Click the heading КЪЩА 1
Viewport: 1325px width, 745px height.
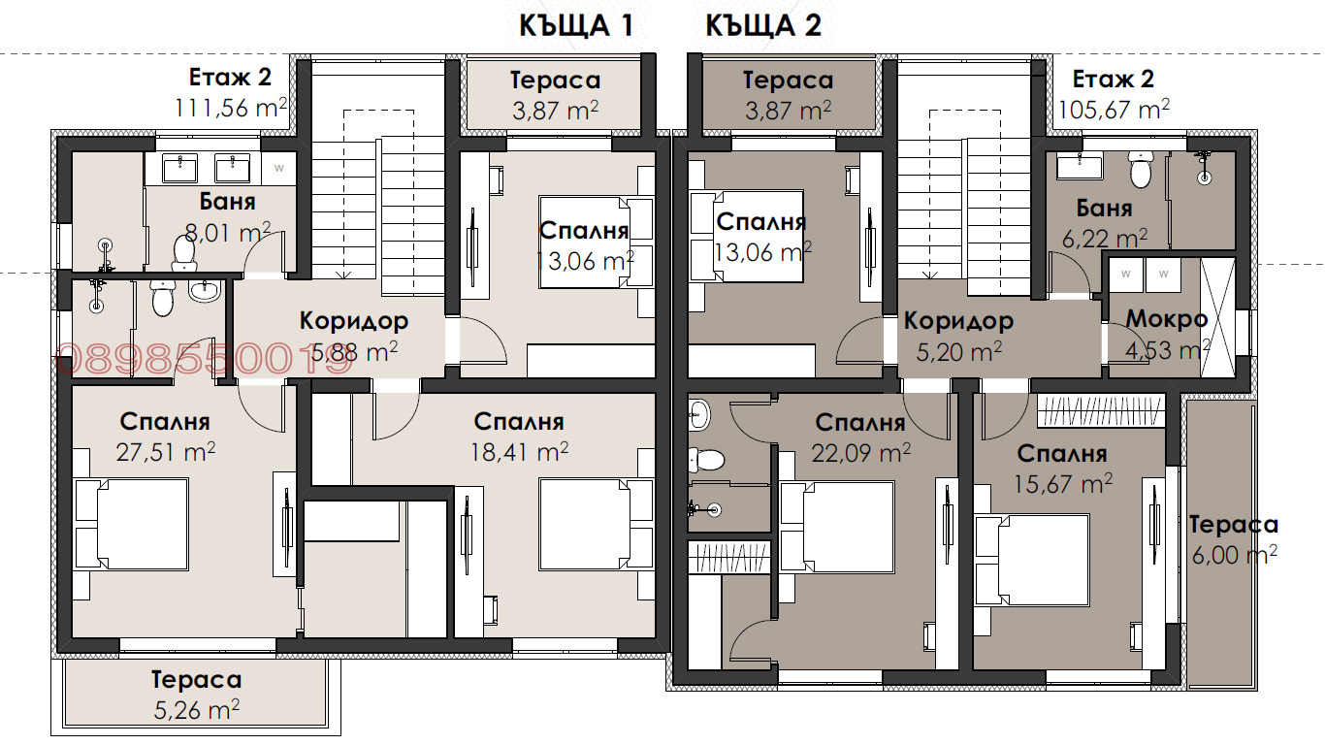pyautogui.click(x=576, y=25)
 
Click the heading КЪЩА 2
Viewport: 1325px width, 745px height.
pyautogui.click(x=763, y=25)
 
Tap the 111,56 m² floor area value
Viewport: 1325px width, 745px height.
pyautogui.click(x=231, y=108)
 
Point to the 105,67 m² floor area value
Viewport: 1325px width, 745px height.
pyautogui.click(x=1114, y=110)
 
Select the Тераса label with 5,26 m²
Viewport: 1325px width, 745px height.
pyautogui.click(x=196, y=679)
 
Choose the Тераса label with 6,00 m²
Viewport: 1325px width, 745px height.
pyautogui.click(x=1233, y=524)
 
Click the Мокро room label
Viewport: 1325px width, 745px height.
pyautogui.click(x=1167, y=319)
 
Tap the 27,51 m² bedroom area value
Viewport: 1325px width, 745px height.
pyautogui.click(x=166, y=452)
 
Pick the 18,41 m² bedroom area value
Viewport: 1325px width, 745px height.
pyautogui.click(x=519, y=452)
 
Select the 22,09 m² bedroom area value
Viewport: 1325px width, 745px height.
pyautogui.click(x=860, y=453)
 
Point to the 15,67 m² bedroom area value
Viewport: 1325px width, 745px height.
pyautogui.click(x=1063, y=484)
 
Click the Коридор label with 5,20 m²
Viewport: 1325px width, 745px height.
pyautogui.click(x=959, y=321)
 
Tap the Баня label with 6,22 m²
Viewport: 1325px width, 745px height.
pyautogui.click(x=1105, y=209)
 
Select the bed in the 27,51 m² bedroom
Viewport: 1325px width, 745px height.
pyautogui.click(x=131, y=524)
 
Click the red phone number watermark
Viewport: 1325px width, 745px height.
pyautogui.click(x=203, y=360)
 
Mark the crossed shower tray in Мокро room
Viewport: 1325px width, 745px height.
pyautogui.click(x=1218, y=318)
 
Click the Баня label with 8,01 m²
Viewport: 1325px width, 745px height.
pyautogui.click(x=228, y=202)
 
